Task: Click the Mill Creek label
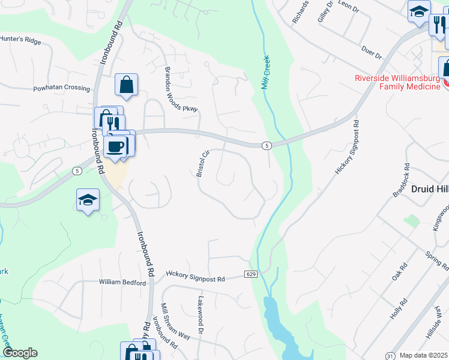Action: [x=266, y=72]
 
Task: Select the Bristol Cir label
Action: [x=203, y=163]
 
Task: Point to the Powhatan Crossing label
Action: [x=61, y=88]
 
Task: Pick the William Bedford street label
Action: [x=122, y=282]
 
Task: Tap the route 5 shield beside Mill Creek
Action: [x=267, y=146]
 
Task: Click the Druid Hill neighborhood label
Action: [x=430, y=189]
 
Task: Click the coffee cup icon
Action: [x=114, y=145]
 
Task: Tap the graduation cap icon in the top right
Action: [x=418, y=11]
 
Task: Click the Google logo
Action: [x=20, y=353]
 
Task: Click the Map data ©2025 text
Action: [x=424, y=356]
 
